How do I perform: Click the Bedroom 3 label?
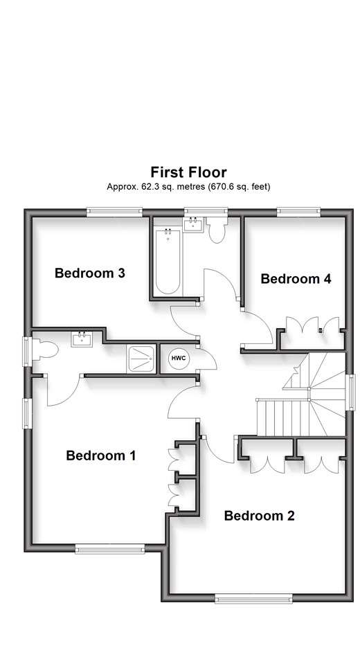(89, 273)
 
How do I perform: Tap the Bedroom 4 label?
(296, 279)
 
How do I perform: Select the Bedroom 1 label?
(101, 455)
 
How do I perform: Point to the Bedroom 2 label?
(259, 516)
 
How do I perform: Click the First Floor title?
(188, 172)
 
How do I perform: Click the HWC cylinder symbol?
(179, 359)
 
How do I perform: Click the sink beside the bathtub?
(193, 225)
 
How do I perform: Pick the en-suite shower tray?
(141, 359)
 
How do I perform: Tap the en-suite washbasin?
(82, 339)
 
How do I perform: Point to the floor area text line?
(188, 187)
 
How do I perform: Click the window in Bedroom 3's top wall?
(114, 211)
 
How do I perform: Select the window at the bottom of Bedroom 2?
(253, 598)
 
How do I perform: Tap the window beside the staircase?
(351, 392)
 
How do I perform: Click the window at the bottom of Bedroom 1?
(110, 549)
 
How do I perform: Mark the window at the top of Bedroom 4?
(298, 211)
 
